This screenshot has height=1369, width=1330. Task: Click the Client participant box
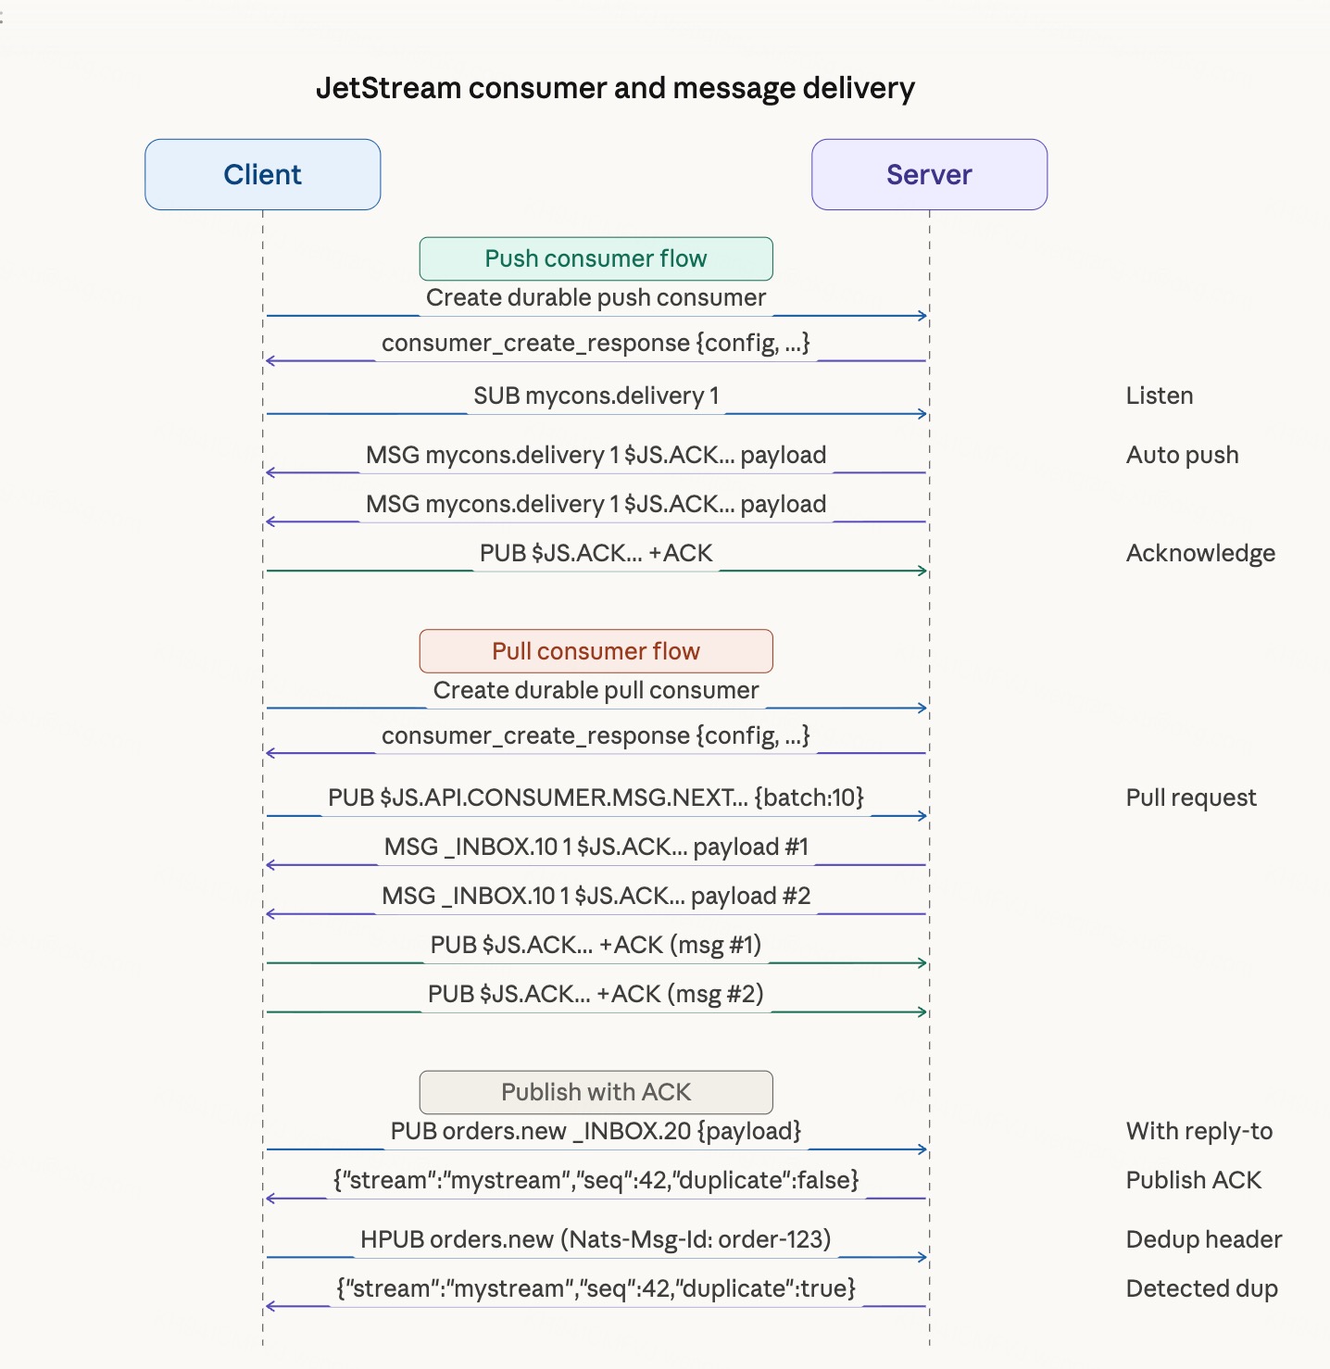tap(262, 174)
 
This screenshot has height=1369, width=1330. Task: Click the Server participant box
tap(929, 174)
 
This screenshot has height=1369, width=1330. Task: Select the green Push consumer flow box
tap(596, 258)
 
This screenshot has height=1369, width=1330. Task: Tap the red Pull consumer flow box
tap(596, 651)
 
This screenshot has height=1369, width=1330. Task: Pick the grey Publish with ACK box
tap(596, 1092)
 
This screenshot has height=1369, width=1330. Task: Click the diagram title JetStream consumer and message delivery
tap(615, 88)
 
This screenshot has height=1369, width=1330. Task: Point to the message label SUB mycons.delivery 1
tap(596, 396)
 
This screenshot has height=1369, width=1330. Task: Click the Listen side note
tap(1159, 396)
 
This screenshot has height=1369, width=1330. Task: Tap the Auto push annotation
tap(1182, 455)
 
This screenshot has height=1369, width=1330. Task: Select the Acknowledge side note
tap(1200, 553)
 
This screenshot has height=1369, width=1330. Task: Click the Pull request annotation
tap(1191, 798)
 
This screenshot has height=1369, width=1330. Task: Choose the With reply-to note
tap(1198, 1131)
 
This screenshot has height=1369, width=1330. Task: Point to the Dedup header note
tap(1203, 1239)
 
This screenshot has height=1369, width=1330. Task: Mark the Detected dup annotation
tap(1201, 1288)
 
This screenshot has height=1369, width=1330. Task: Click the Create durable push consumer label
tap(596, 297)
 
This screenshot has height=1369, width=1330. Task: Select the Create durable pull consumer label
tap(596, 690)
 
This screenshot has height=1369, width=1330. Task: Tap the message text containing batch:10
tap(596, 798)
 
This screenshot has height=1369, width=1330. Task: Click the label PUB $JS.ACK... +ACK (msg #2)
tap(596, 994)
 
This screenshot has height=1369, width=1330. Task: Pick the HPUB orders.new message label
tap(596, 1239)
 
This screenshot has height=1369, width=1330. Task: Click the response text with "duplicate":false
tap(596, 1180)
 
